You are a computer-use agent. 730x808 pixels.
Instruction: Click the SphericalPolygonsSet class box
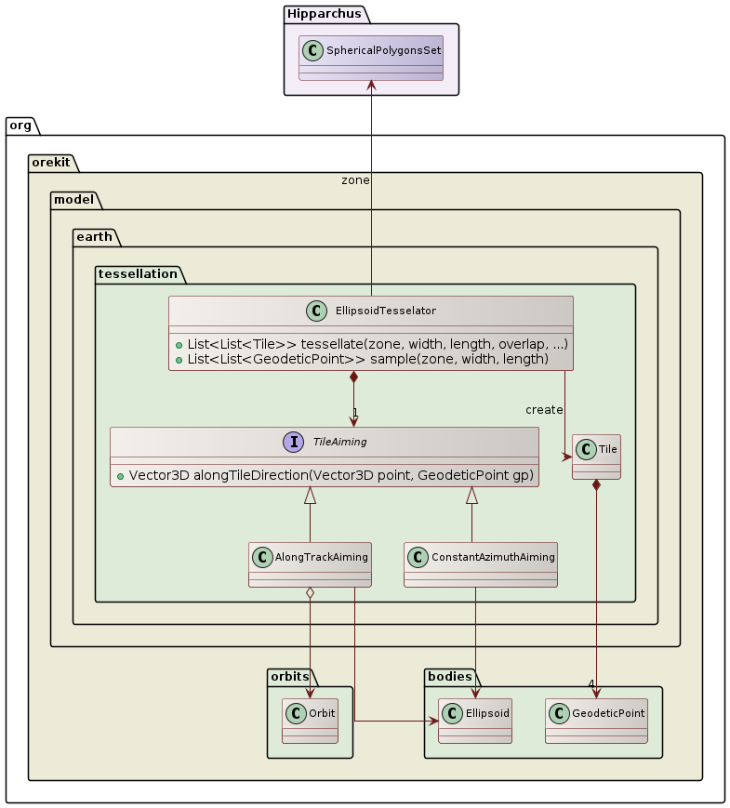point(370,59)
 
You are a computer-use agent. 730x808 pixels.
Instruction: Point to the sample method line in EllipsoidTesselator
point(367,359)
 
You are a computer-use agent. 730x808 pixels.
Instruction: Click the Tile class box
point(596,457)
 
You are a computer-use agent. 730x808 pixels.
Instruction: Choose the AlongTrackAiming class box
point(310,564)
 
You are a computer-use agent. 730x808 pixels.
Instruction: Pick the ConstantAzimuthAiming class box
point(480,564)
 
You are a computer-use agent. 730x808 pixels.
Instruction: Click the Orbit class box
point(309,721)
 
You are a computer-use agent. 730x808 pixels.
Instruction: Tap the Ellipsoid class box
point(474,721)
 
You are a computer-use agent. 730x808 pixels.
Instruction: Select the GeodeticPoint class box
point(595,721)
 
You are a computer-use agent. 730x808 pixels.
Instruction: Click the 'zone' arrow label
point(355,179)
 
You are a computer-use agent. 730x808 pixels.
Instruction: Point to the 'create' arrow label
point(544,410)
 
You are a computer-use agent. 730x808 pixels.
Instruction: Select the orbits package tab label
point(289,676)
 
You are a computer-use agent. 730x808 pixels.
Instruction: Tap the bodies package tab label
point(449,676)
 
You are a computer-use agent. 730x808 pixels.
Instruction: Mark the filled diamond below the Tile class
point(596,486)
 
